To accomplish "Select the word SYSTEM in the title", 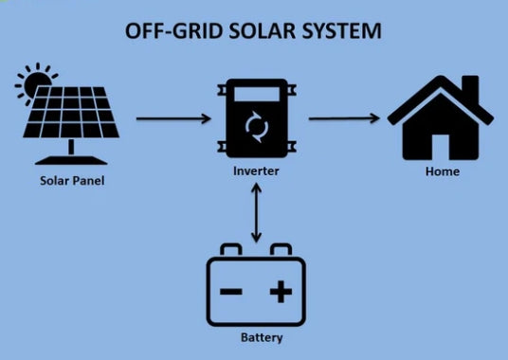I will [x=345, y=31].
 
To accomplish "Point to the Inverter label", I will [x=254, y=171].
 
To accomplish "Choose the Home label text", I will [x=443, y=171].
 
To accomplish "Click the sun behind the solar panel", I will [x=32, y=83].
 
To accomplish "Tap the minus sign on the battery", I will [x=231, y=291].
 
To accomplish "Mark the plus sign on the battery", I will [x=281, y=291].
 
